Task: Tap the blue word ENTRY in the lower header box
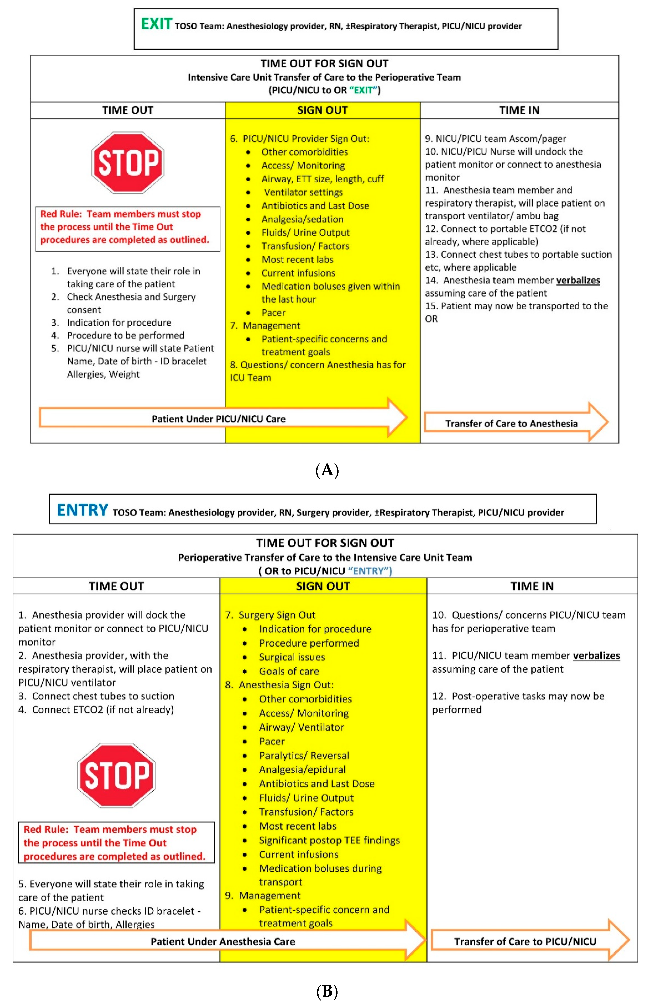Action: click(x=82, y=510)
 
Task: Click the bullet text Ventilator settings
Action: click(x=303, y=192)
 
